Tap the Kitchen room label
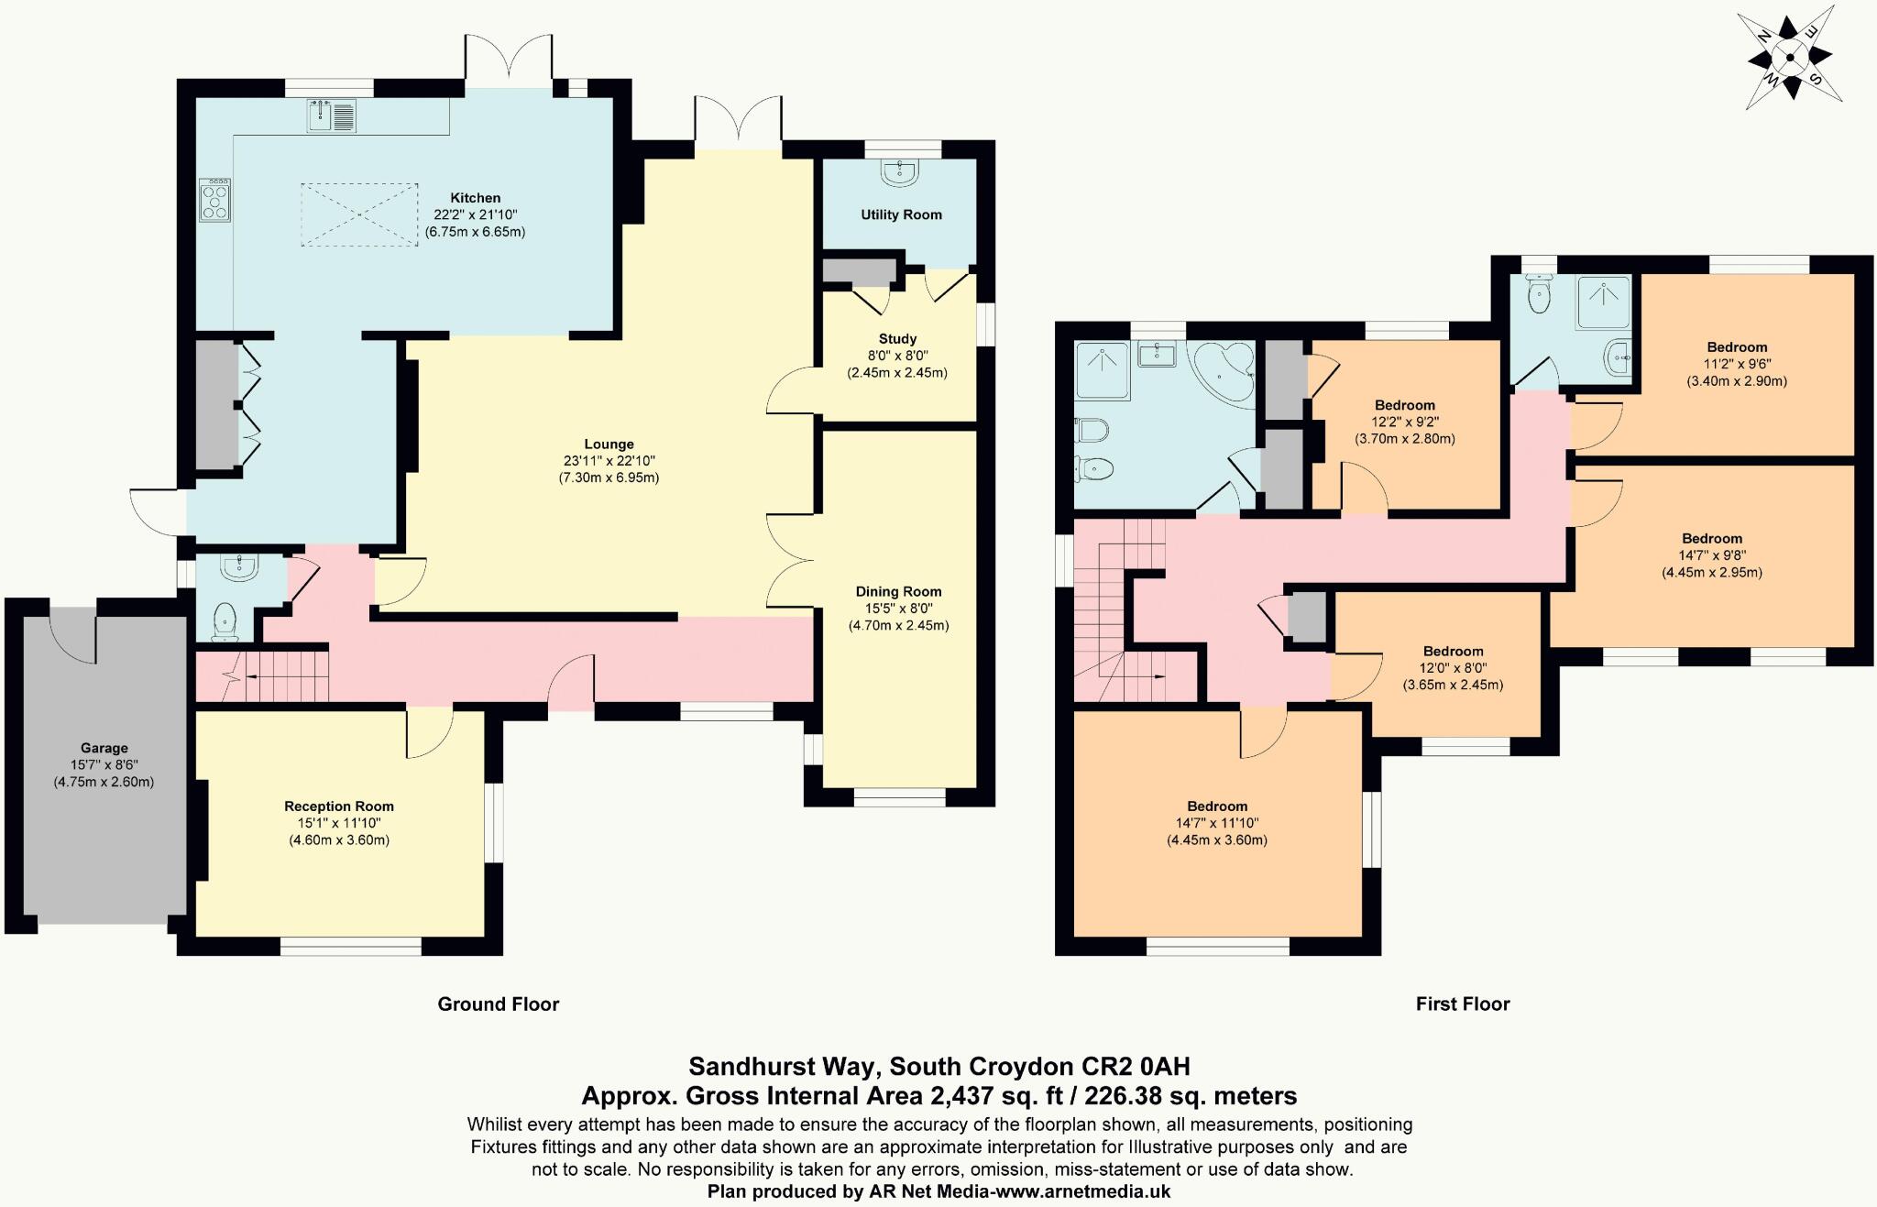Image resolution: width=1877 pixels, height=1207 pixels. (x=475, y=198)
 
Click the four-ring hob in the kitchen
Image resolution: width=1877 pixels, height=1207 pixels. (x=215, y=200)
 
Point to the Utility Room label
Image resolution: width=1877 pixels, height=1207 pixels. (x=901, y=214)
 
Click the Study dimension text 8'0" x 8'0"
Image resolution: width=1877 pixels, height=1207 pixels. (x=896, y=356)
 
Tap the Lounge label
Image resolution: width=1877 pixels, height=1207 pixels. (x=609, y=444)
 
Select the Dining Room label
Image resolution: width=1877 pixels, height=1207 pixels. (x=898, y=592)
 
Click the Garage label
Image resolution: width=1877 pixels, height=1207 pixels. (x=104, y=749)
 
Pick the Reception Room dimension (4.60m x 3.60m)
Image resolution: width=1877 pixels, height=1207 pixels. (x=339, y=840)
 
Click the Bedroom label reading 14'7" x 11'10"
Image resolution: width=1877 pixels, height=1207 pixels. (x=1217, y=807)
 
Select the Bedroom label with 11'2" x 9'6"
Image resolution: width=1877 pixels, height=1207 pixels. (x=1737, y=347)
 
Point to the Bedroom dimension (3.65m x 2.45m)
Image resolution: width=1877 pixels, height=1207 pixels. (x=1453, y=685)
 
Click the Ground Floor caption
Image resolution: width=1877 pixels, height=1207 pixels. (x=498, y=1004)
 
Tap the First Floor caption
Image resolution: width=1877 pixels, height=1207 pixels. (x=1462, y=1004)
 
